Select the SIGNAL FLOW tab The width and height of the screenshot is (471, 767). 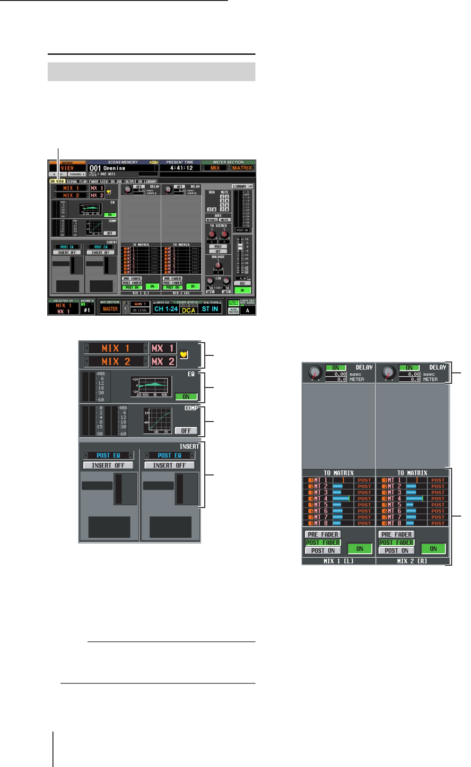coord(77,181)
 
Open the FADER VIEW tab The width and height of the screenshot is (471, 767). coord(98,181)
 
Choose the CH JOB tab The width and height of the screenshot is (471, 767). coord(116,181)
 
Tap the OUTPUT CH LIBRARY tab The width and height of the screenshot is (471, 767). coord(140,181)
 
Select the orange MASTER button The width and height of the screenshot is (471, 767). coord(110,309)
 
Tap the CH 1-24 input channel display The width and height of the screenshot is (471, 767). coord(166,309)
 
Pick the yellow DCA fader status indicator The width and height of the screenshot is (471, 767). coord(188,310)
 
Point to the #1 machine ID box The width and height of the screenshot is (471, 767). coord(87,310)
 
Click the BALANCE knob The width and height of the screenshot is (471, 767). coord(218,265)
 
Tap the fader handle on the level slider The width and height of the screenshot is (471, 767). coord(240,247)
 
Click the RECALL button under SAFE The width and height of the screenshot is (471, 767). coord(211,220)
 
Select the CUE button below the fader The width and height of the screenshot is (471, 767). coord(242,284)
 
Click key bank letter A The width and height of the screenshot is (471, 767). coord(247,310)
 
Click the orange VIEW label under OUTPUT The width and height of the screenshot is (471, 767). coord(68,168)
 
